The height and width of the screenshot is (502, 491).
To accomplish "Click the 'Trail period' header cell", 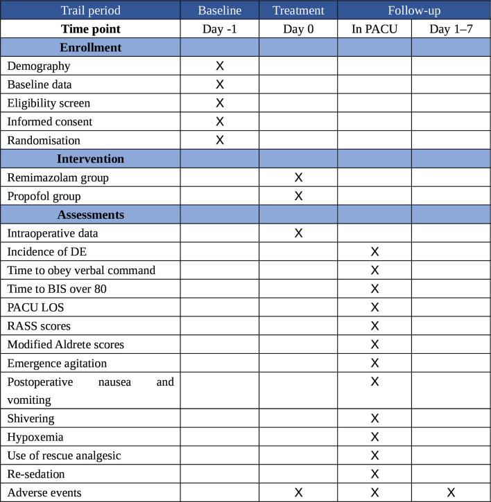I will coord(90,10).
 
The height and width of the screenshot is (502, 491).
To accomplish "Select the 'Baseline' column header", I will coord(220,10).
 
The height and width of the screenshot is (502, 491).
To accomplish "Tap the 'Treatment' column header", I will coord(298,10).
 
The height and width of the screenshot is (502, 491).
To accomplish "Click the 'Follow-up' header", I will coord(414,10).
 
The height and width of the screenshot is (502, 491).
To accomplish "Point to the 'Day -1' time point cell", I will coord(220,29).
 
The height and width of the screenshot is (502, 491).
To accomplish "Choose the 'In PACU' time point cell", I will coord(374,29).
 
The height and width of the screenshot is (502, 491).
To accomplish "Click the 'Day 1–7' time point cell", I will coord(451,29).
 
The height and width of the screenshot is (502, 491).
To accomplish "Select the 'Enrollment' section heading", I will coord(90,48).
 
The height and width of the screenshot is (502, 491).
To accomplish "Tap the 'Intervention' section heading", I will coord(90,159).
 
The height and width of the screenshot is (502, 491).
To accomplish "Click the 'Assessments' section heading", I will coord(90,215).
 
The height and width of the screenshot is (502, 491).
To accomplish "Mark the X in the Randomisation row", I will coord(220,140).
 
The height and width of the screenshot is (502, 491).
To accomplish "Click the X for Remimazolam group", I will coord(298,177).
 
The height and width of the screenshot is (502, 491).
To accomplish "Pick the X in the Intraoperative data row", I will coord(298,233).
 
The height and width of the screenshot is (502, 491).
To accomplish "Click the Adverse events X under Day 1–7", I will coord(451,493).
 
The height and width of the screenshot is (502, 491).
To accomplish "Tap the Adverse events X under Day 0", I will coord(298,493).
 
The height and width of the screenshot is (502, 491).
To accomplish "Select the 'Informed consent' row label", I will coord(49,122).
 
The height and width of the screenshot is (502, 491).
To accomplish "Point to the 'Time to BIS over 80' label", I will coord(57,289).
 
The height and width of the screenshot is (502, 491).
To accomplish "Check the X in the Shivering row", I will coord(374,419).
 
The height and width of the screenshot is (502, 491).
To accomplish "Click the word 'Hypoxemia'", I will coord(35,438).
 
